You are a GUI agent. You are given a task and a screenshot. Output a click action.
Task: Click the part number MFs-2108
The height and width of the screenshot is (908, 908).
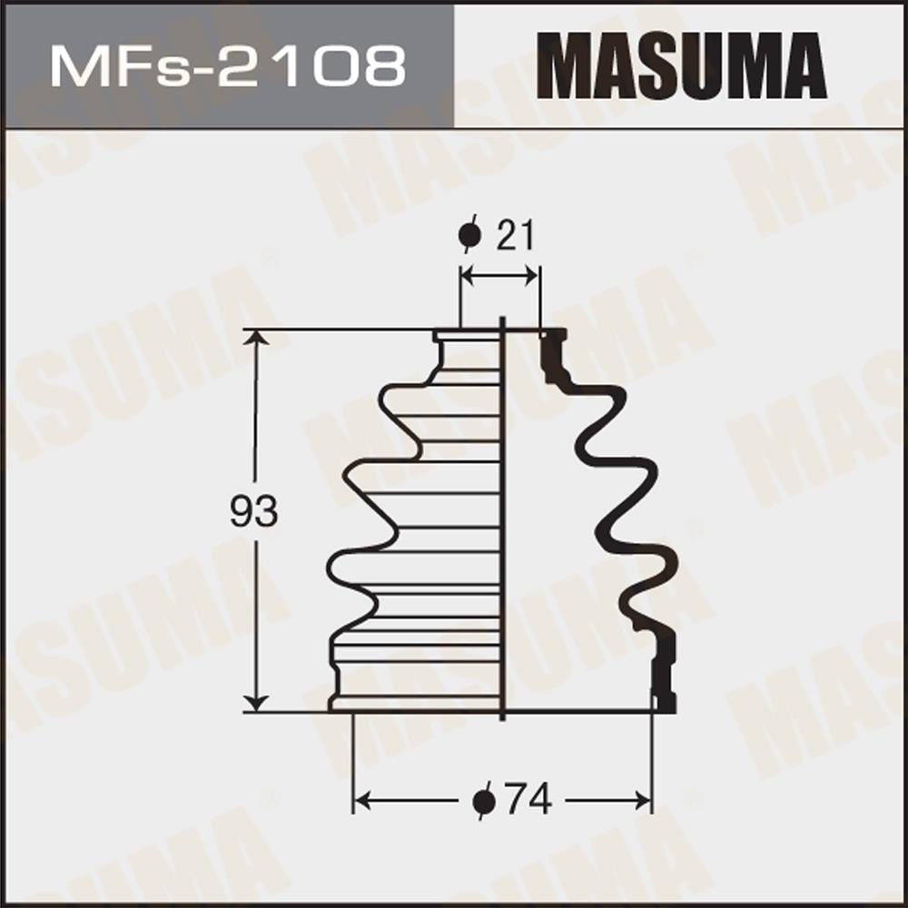228,67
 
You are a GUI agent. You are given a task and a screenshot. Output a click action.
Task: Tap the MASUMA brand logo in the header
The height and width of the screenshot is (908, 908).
681,65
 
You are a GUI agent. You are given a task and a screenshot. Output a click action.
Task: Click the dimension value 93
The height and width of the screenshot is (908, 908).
253,512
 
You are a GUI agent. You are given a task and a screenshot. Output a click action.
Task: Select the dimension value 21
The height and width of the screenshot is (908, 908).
515,235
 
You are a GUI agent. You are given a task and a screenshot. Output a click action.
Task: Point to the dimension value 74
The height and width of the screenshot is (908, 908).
528,800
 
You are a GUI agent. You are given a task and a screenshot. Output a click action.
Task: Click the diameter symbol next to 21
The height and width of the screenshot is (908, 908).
469,234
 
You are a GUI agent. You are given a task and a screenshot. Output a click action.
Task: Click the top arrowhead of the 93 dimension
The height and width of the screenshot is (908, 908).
255,337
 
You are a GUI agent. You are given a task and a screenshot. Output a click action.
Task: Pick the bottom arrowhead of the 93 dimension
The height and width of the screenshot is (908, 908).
255,703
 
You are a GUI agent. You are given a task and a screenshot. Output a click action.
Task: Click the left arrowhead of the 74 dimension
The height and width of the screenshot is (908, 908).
362,802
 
